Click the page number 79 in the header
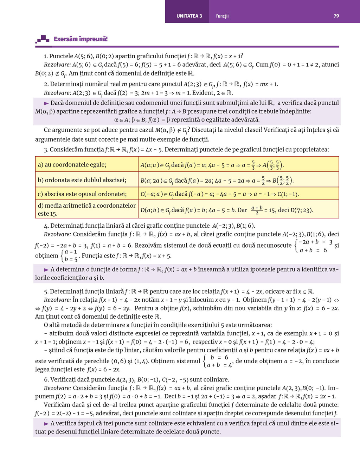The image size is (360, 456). click(x=336, y=16)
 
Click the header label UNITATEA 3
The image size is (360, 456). click(x=189, y=16)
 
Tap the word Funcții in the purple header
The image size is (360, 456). click(x=222, y=16)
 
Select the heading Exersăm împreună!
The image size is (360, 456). click(x=81, y=39)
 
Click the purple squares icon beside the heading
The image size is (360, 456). click(x=43, y=39)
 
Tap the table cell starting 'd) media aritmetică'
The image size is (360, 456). click(x=86, y=209)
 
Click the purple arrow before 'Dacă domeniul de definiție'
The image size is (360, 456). click(x=46, y=103)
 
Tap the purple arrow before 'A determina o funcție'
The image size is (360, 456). click(x=46, y=269)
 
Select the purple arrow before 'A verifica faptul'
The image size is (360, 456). click(x=46, y=423)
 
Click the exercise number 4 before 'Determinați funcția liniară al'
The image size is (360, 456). click(x=46, y=226)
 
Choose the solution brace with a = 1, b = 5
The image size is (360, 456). click(x=70, y=256)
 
